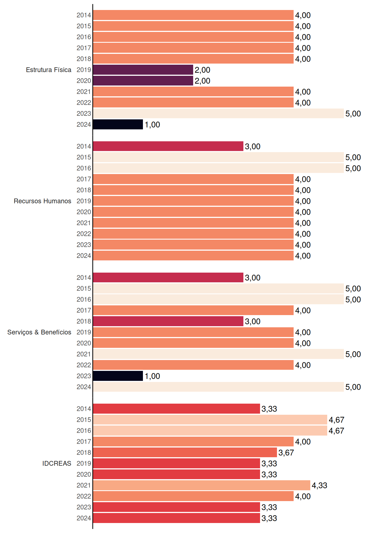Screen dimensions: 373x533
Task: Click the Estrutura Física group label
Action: coord(49,70)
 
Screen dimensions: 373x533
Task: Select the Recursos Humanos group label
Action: coord(42,201)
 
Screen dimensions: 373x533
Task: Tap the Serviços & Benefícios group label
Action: coord(39,332)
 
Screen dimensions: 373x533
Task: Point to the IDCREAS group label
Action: coord(57,463)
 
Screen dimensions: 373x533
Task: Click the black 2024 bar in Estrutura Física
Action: coord(118,124)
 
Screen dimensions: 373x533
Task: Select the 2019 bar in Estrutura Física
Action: coord(143,70)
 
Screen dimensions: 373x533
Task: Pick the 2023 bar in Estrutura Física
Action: coord(218,114)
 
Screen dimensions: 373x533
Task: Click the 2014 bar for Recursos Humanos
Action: coord(168,146)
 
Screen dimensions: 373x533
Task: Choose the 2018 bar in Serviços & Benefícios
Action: coord(168,321)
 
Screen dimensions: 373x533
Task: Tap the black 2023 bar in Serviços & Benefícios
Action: coord(118,376)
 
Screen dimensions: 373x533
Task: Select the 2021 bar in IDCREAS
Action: coord(202,485)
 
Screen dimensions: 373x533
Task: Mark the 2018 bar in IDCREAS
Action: coord(185,452)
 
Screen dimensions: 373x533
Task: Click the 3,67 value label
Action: coord(286,453)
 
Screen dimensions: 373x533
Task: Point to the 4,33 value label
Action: coord(319,486)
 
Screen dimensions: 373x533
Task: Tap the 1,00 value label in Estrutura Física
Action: coord(152,125)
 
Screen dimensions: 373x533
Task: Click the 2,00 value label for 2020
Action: coord(202,81)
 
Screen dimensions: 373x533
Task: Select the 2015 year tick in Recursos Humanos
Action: coord(84,157)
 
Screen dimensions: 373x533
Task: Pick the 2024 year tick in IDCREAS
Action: coord(84,518)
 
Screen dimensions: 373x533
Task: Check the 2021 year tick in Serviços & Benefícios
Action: coord(84,354)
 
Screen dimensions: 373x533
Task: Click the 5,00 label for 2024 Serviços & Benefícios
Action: coord(353,387)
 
